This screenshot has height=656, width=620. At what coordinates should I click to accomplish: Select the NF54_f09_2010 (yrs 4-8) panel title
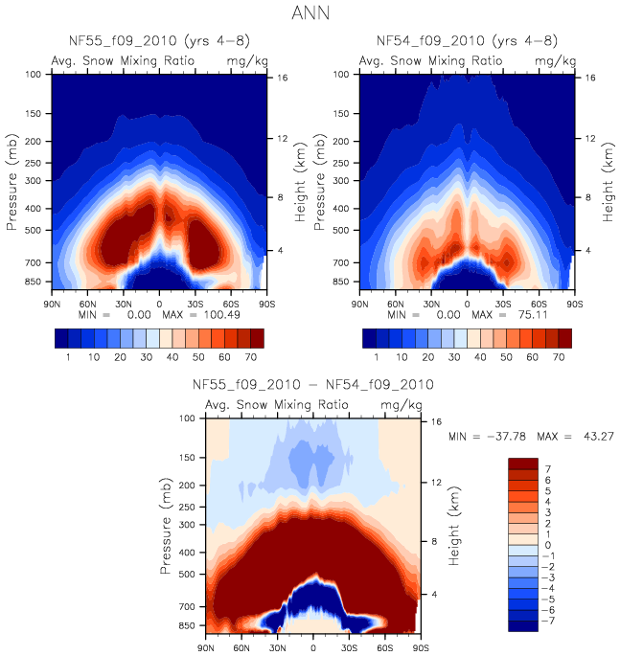[x=467, y=40]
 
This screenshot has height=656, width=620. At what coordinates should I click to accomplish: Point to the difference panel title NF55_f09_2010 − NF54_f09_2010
[x=313, y=385]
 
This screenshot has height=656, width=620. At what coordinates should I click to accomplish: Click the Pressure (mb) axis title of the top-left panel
[x=12, y=182]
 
